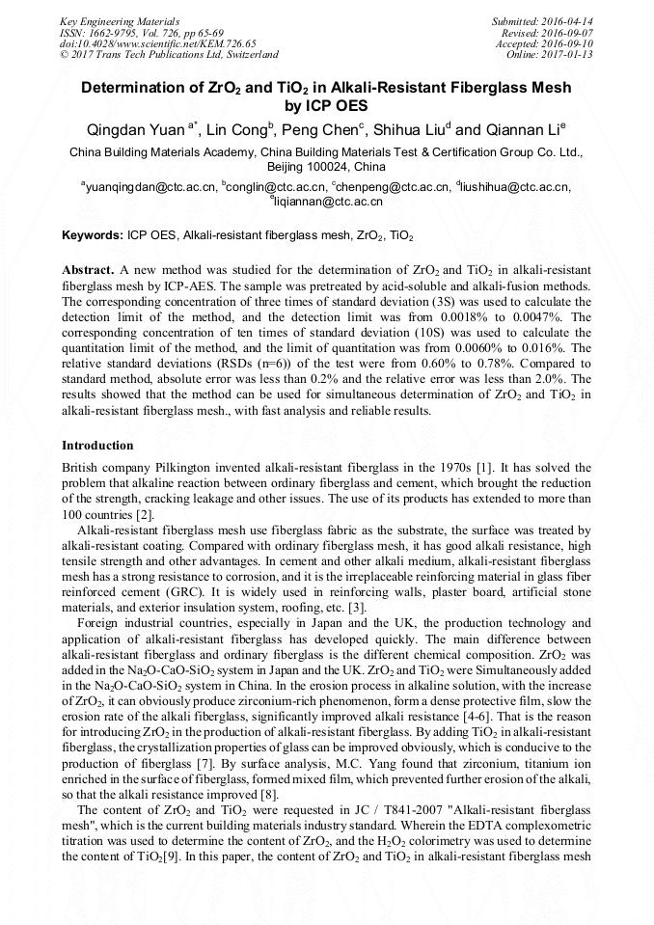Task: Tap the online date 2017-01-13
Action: (568, 55)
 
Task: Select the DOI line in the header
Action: (158, 43)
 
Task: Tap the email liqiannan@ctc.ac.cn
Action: (329, 202)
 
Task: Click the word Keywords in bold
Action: (92, 235)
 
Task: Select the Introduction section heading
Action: (97, 446)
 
